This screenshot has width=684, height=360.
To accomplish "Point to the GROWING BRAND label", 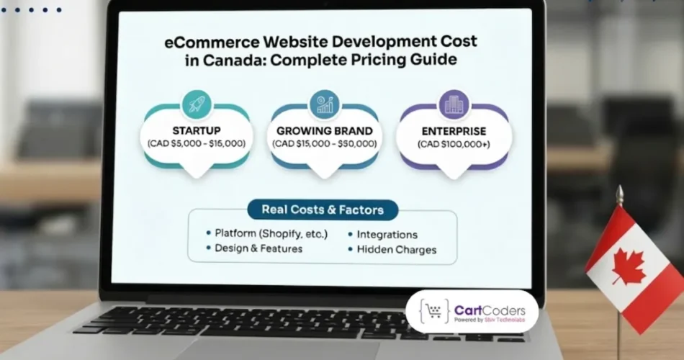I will coord(325,131).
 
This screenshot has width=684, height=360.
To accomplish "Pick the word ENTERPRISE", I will coord(454,131).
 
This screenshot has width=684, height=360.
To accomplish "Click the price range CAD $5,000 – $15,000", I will coord(197,144).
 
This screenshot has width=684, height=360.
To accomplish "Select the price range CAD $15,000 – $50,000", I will coord(325,144).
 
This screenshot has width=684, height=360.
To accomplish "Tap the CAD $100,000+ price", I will coord(454,144).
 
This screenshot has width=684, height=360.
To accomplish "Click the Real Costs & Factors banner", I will coord(322,210).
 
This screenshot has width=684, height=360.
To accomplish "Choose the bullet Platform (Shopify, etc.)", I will coord(271,233).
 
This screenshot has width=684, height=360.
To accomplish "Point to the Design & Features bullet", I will coord(258,248).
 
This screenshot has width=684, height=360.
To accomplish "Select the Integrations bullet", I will coord(387,235).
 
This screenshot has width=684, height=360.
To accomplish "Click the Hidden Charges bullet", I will coord(396,250).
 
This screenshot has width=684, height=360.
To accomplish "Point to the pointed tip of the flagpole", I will coord(618,190).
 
